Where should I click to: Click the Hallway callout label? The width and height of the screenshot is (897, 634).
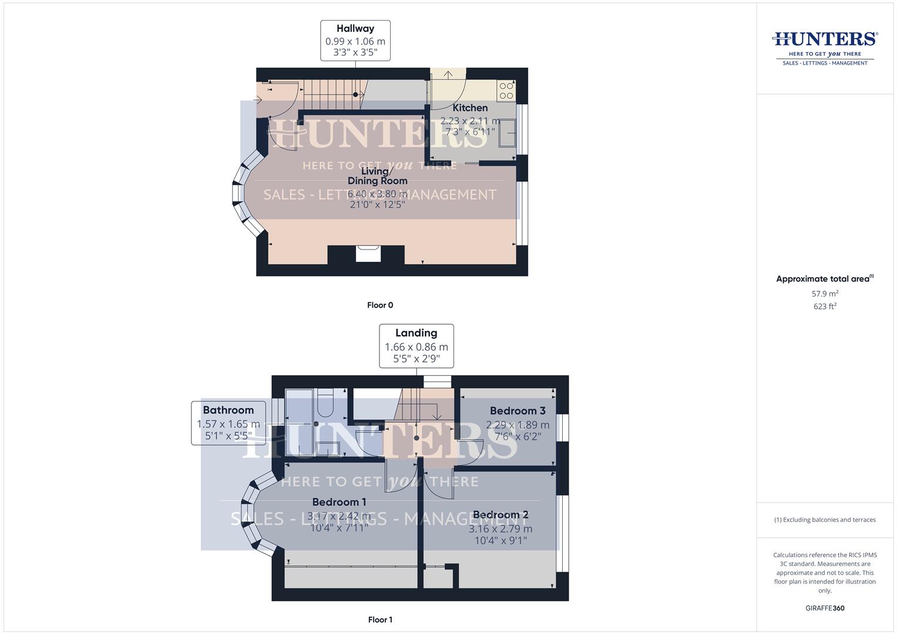click(355, 41)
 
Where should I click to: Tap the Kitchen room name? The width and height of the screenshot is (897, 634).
click(470, 108)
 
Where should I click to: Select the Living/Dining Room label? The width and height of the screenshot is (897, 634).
click(377, 176)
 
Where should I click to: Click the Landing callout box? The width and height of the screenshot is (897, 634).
click(416, 346)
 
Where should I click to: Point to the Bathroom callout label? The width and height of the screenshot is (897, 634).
click(228, 423)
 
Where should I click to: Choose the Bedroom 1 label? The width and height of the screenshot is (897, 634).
click(339, 503)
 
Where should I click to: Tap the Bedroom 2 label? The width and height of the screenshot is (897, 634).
click(500, 515)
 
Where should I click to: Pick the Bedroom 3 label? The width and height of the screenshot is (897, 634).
click(518, 411)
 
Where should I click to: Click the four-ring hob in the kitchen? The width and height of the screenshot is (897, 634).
click(506, 90)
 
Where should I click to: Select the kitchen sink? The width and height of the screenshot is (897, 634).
click(507, 133)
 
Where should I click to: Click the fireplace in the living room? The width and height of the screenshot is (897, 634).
click(368, 254)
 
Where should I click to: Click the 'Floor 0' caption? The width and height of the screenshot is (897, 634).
click(380, 305)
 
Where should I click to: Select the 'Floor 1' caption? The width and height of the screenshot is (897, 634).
click(380, 620)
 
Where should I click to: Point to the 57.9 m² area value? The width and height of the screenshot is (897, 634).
click(825, 294)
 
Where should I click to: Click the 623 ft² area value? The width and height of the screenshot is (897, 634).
click(825, 306)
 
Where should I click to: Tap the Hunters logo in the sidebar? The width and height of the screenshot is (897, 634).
click(825, 48)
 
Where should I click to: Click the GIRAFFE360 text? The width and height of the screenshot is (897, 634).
click(825, 608)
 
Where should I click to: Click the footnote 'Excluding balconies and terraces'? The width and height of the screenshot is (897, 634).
click(825, 520)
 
